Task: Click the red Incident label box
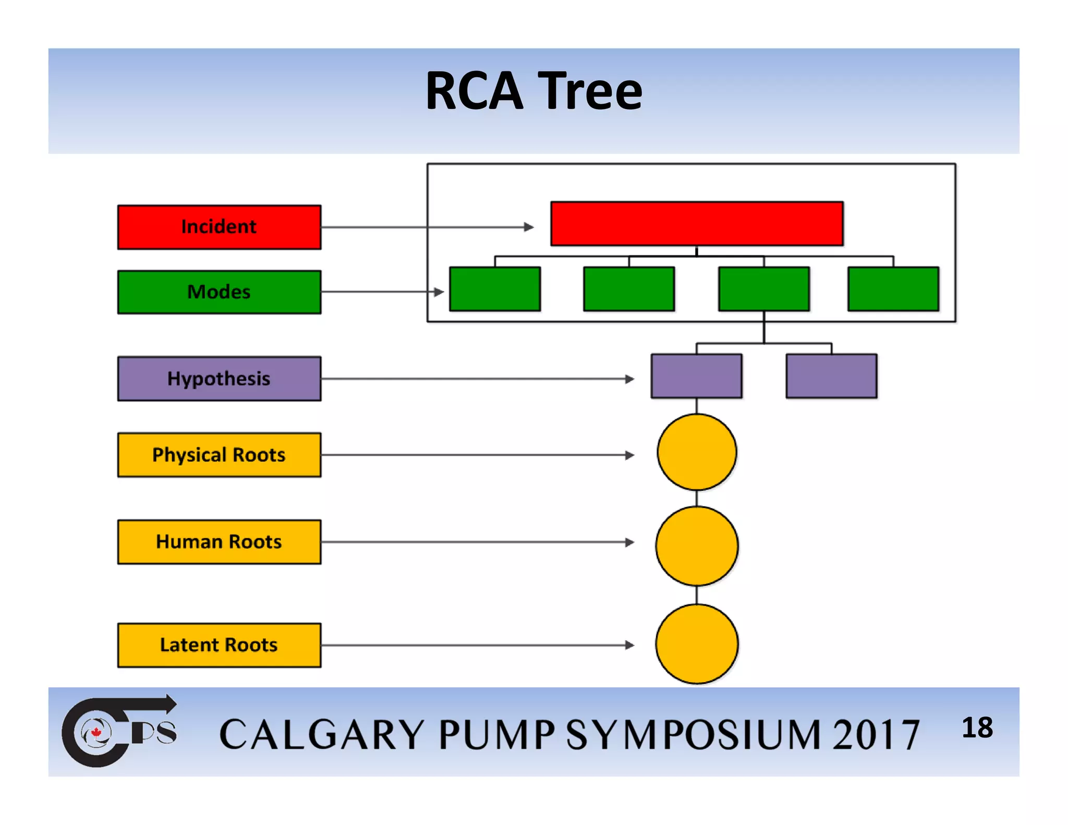219,227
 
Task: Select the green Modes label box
219,292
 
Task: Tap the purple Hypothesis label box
219,379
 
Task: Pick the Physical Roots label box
219,455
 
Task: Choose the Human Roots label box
219,542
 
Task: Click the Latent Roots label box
219,645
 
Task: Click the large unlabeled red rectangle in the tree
697,223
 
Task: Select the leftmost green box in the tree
495,289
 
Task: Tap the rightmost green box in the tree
893,289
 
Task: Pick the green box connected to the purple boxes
764,289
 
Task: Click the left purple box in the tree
697,376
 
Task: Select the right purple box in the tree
831,376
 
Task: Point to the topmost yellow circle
697,452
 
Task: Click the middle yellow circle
697,546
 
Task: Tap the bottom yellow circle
697,644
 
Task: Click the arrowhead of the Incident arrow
529,227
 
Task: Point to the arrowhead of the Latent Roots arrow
630,645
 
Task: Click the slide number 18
977,727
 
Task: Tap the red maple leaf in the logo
96,733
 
